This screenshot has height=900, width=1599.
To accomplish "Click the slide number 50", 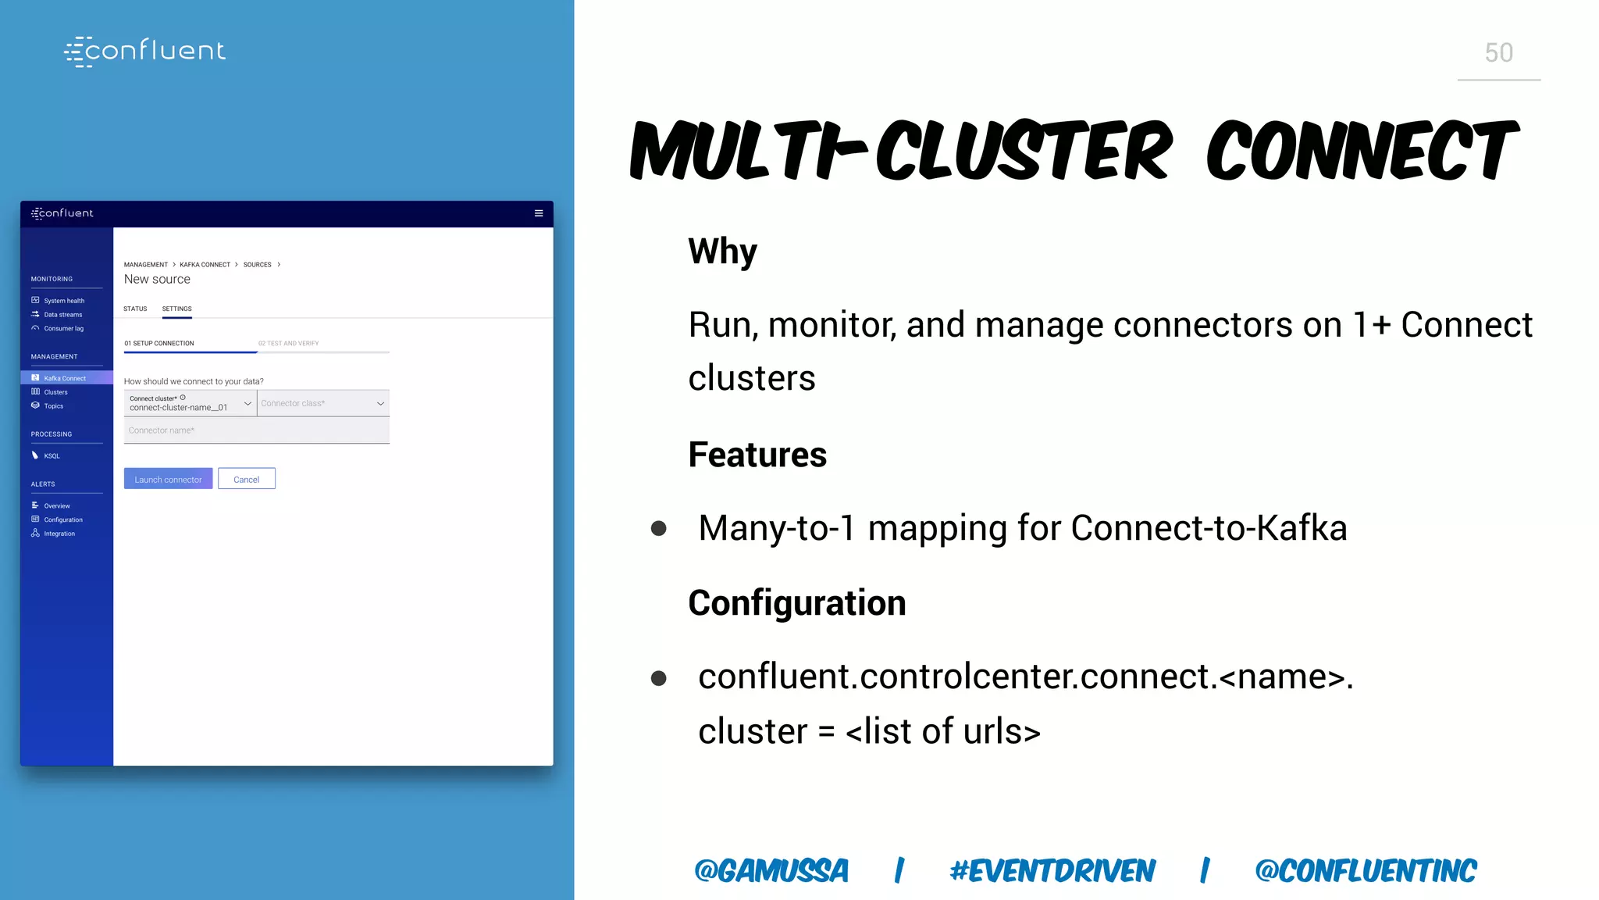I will (1498, 53).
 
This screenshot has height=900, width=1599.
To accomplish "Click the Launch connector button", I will (168, 479).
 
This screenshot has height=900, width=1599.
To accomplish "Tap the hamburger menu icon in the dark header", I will (539, 213).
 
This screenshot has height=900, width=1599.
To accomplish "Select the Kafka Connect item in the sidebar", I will (65, 378).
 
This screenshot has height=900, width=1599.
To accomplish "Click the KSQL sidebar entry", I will (52, 455).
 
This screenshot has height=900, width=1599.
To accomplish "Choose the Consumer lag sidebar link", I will (63, 329).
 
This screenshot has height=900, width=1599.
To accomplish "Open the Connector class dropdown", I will (323, 403).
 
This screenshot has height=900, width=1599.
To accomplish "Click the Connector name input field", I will (256, 430).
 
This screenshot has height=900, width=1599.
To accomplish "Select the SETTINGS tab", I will (176, 309).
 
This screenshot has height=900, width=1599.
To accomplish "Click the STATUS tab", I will (135, 309).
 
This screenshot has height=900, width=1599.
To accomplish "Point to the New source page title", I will (157, 279).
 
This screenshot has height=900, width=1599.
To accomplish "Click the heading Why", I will (722, 252).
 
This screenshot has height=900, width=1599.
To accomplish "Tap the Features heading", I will (757, 455).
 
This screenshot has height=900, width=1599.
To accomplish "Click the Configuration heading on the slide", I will (796, 603).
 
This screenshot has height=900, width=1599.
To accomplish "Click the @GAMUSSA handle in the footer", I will (771, 870).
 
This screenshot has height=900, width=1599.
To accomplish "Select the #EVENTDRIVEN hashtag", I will (1052, 870).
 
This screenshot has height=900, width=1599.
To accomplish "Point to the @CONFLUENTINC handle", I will (1366, 870).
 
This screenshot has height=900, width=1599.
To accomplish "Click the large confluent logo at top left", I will (145, 52).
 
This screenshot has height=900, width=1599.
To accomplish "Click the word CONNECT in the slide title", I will (1362, 151).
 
